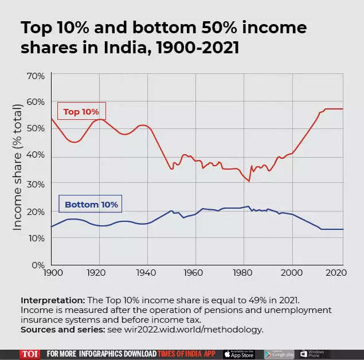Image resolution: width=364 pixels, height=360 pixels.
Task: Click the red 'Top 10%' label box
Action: point(81,112)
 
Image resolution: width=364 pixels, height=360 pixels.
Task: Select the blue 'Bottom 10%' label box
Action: point(91,204)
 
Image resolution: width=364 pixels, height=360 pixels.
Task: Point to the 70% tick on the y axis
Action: point(36,76)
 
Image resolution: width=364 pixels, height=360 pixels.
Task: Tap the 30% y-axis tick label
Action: point(36,183)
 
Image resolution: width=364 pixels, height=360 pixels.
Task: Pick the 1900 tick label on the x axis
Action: point(51,273)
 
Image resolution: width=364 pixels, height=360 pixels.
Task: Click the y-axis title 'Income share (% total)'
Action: point(18,167)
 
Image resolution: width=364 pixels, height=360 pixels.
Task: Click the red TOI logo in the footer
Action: point(29,354)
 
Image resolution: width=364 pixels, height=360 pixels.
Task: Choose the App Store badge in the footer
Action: point(239,354)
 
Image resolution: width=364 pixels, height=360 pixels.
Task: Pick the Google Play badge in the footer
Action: point(280,354)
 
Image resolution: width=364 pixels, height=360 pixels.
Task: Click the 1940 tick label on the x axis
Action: point(147,273)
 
